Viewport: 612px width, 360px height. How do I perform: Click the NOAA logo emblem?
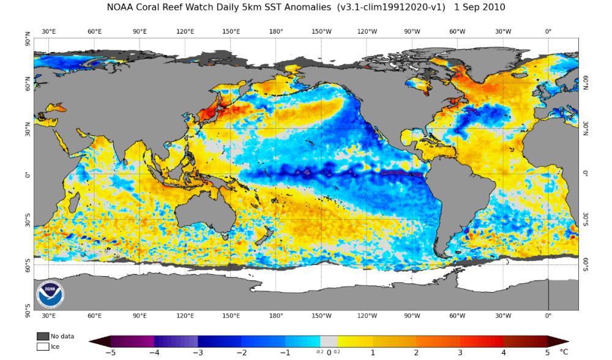pos(50,294)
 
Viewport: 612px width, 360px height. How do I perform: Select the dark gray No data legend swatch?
pos(43,336)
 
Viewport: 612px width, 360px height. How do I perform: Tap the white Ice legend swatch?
pos(43,347)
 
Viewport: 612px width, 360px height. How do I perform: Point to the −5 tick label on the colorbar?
pos(110,353)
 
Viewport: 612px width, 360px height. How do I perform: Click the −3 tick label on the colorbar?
pos(198,353)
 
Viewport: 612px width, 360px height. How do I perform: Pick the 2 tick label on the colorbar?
pos(416,353)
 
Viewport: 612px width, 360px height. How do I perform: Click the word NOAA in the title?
pos(120,7)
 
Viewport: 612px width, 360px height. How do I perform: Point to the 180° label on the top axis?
pos(276,32)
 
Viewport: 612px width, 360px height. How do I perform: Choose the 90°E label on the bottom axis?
pos(140,315)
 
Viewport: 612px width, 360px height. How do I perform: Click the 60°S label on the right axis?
pos(586,264)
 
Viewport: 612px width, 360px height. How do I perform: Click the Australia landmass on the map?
pos(203,213)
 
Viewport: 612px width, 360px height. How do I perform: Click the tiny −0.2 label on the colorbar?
pos(319,352)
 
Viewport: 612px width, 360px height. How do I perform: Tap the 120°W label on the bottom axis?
pos(367,315)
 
